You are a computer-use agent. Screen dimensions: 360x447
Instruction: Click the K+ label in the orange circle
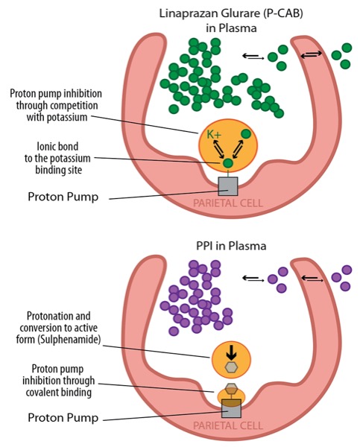(214, 134)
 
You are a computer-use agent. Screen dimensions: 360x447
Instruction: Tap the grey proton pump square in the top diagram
(227, 186)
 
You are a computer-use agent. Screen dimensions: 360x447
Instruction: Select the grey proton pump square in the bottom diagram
(231, 408)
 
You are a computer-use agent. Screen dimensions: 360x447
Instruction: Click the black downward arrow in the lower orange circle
(231, 355)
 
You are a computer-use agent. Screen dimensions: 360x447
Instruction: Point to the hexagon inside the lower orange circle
(231, 367)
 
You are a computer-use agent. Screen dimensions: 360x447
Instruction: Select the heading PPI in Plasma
(231, 246)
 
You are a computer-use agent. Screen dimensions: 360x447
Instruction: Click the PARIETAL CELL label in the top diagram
(228, 203)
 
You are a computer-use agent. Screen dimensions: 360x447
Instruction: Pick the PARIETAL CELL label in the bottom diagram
(228, 425)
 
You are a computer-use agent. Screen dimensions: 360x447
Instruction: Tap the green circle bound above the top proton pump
(227, 163)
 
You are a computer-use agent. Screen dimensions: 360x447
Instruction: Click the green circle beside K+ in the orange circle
(246, 134)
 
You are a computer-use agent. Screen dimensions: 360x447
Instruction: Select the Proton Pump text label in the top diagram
(63, 197)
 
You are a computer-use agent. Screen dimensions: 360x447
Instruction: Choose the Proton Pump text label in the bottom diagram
(63, 418)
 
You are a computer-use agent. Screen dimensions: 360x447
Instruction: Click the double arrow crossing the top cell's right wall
(312, 54)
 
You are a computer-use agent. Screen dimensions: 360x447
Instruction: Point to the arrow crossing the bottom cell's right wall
(312, 278)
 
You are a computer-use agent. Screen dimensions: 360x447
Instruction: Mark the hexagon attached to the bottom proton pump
(231, 389)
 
